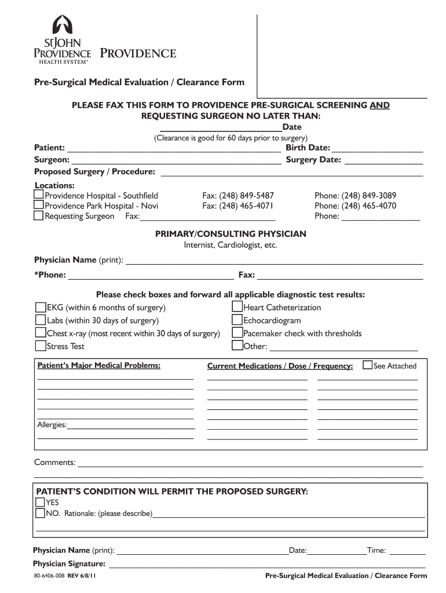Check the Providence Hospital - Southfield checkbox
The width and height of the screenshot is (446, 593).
click(39, 196)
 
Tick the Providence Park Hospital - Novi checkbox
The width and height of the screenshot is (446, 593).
click(39, 206)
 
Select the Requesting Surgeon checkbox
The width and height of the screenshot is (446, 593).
click(39, 216)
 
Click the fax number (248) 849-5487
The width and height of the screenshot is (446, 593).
click(238, 196)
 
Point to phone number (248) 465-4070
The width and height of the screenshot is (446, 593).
click(355, 206)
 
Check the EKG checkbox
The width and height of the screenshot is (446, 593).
click(41, 307)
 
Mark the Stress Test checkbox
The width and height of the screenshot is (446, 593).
click(41, 346)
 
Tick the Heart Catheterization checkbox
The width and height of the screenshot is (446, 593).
click(237, 307)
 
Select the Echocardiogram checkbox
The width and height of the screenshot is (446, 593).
click(237, 320)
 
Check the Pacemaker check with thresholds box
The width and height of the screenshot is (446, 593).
click(237, 333)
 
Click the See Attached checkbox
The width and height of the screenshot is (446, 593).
click(367, 365)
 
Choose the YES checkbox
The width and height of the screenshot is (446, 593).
click(40, 502)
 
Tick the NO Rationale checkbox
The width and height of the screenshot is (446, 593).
click(40, 513)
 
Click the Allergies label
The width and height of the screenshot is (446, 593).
click(52, 425)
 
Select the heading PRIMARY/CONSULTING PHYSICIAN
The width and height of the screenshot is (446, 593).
click(231, 234)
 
